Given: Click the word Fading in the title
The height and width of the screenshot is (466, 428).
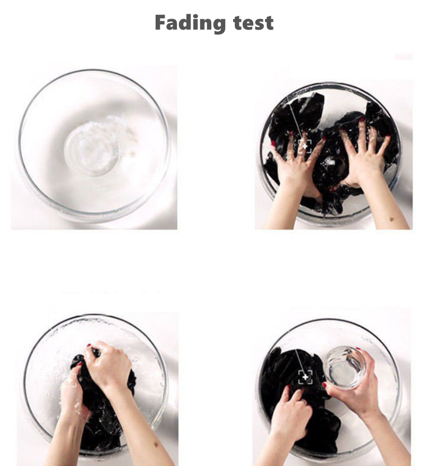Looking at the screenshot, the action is pyautogui.click(x=190, y=23).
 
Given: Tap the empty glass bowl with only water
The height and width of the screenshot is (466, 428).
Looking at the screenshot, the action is pyautogui.click(x=94, y=146).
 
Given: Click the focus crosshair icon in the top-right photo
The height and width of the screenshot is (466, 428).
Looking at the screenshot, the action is pyautogui.click(x=305, y=146).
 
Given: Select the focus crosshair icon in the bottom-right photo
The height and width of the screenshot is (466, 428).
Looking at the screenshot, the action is pyautogui.click(x=305, y=377).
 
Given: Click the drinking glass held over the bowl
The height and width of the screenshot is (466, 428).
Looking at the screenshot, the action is pyautogui.click(x=345, y=367).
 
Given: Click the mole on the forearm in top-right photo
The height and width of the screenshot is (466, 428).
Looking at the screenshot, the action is pyautogui.click(x=392, y=219).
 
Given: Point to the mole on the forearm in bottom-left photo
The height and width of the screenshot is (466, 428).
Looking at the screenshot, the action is pyautogui.click(x=156, y=445).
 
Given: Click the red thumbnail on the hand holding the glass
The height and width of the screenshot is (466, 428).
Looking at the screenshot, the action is pyautogui.click(x=324, y=385).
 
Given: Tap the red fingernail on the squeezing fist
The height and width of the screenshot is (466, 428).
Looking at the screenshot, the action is pyautogui.click(x=89, y=345).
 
